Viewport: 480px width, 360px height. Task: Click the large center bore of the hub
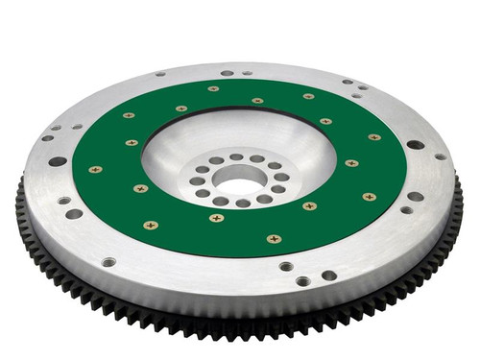pos(238,178)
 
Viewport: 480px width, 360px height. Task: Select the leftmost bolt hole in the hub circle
pos(196,180)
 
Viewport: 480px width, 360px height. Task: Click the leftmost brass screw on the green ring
pos(94,169)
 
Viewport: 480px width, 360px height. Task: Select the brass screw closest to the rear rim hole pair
pos(213,89)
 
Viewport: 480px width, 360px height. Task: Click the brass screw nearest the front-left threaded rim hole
pos(150,226)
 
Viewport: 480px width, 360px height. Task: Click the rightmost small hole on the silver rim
pos(440,156)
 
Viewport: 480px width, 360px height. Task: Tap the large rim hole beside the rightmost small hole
pos(416,145)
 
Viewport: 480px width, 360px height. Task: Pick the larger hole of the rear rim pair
pos(228,72)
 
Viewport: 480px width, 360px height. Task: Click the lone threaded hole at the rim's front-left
pos(108,261)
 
